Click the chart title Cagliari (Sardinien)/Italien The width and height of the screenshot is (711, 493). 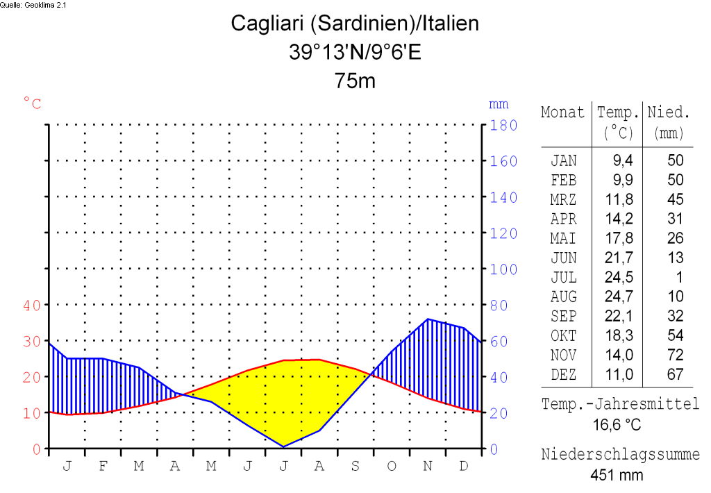tap(355, 24)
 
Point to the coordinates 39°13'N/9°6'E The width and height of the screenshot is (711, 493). tap(355, 52)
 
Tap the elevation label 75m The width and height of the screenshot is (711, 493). tap(355, 81)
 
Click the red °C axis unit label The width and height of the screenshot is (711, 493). tap(33, 104)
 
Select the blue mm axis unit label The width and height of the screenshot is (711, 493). tap(499, 104)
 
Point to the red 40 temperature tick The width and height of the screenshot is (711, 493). tap(33, 305)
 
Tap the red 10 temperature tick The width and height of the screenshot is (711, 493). tap(33, 413)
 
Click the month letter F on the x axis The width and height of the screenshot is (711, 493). tap(103, 465)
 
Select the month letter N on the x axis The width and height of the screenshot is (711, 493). tap(428, 465)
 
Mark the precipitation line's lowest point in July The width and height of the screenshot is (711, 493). tap(283, 446)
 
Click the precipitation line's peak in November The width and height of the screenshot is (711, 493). tap(428, 319)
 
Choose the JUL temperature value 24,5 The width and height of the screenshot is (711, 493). tap(623, 277)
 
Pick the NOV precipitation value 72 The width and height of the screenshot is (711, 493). tap(675, 355)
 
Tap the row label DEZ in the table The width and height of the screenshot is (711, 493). tap(563, 374)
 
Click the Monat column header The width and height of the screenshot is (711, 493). tap(562, 112)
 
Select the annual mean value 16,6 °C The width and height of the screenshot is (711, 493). tap(617, 424)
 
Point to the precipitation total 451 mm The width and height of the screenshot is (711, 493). tap(617, 475)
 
